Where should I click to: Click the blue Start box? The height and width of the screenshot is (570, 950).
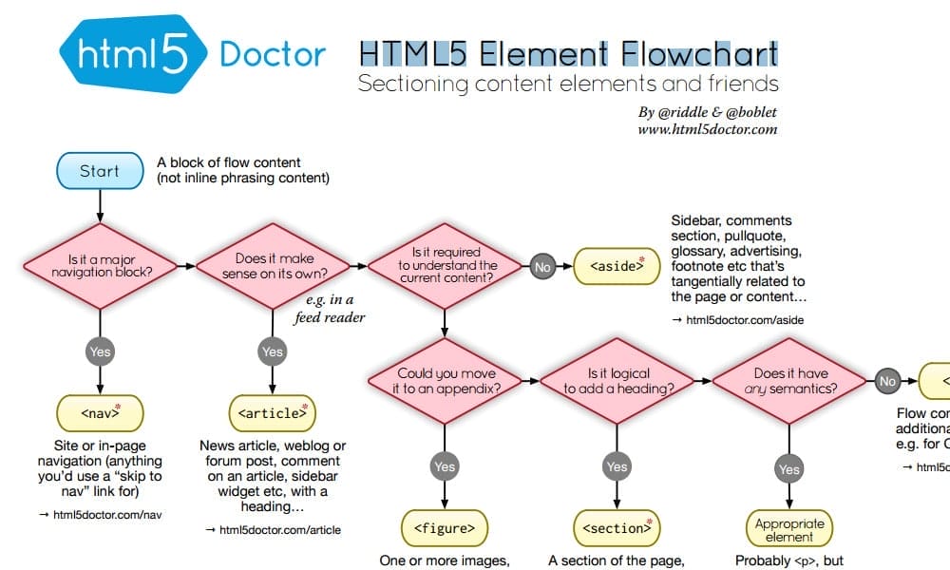click(x=100, y=171)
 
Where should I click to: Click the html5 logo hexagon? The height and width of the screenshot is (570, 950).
click(x=131, y=54)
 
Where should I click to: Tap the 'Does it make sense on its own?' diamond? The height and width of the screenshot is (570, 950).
click(x=274, y=265)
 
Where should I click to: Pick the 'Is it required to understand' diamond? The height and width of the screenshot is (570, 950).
click(x=446, y=265)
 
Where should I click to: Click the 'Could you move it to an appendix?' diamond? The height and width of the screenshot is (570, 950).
click(x=446, y=381)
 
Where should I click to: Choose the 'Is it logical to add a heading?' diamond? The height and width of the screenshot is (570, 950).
click(x=617, y=381)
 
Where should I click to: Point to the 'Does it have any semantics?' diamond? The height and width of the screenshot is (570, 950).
click(x=790, y=381)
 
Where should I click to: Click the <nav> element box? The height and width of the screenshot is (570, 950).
click(x=100, y=413)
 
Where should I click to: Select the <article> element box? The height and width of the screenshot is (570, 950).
click(x=273, y=413)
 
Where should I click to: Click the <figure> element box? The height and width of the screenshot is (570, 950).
click(x=445, y=526)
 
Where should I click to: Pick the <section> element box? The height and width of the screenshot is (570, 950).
click(x=617, y=526)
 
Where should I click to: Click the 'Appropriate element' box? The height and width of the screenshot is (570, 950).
click(x=789, y=529)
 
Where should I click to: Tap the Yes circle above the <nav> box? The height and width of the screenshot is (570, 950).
click(x=100, y=351)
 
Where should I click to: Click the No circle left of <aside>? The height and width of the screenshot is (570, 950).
click(x=542, y=268)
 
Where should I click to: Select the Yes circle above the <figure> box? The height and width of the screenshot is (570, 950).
click(x=445, y=466)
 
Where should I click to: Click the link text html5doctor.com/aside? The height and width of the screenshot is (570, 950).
click(x=745, y=320)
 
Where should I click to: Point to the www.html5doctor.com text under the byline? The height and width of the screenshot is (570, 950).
click(x=708, y=129)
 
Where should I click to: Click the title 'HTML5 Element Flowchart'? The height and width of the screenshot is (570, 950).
click(x=568, y=52)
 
